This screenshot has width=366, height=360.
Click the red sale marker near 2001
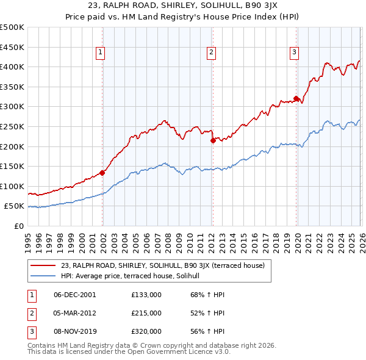point(102,173)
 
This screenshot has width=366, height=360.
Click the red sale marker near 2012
point(212,140)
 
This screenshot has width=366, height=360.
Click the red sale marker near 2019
point(296,98)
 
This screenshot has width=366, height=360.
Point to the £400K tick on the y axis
point(12,67)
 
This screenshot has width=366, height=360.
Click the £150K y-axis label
point(12,166)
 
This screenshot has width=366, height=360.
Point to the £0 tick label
point(19,226)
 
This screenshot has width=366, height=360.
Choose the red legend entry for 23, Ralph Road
point(162,265)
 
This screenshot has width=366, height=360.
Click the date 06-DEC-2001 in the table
point(74,295)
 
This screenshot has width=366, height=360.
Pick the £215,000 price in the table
point(146,313)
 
